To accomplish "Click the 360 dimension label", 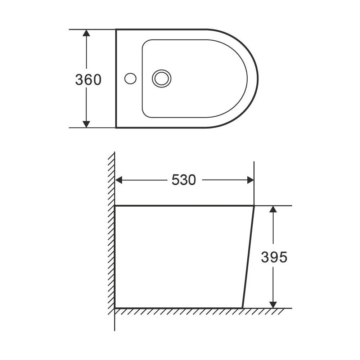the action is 89,80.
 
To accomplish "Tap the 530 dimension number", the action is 184,180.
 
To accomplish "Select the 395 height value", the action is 274,257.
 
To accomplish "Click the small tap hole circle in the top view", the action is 130,78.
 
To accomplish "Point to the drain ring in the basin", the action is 162,78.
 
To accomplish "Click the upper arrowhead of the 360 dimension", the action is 86,33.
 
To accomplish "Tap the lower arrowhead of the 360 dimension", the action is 86,124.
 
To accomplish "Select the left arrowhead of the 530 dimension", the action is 118,180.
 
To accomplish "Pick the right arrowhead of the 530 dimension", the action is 251,180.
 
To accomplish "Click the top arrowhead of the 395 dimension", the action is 273,209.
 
